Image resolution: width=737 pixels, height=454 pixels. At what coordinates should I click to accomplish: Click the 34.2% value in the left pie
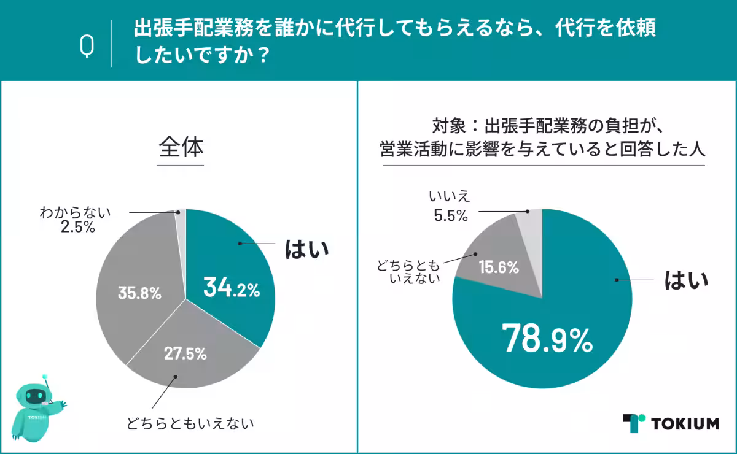(x=232, y=288)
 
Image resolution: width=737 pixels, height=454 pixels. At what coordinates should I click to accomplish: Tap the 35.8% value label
(x=139, y=293)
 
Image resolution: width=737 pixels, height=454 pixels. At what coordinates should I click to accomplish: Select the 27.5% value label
(x=185, y=353)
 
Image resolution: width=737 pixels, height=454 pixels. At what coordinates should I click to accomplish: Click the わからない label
(x=74, y=212)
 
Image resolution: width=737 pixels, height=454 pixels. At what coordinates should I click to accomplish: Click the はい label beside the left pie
(x=306, y=248)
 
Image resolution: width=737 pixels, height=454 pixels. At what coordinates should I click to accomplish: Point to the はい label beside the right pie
(x=687, y=281)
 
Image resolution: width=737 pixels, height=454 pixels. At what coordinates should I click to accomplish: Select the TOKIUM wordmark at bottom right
(x=685, y=423)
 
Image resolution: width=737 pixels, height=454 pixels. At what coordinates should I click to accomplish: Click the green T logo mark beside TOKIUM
(x=633, y=423)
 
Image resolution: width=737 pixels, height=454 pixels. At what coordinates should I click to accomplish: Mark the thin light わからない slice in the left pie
(x=181, y=227)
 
